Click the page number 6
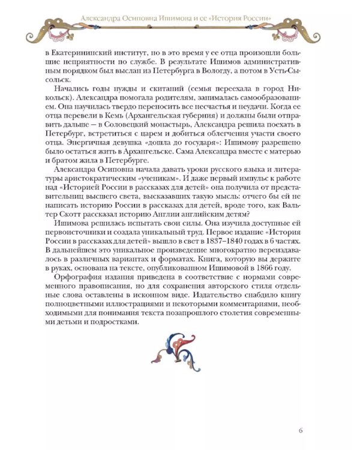pos(301,429)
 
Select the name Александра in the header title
pos(107,18)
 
